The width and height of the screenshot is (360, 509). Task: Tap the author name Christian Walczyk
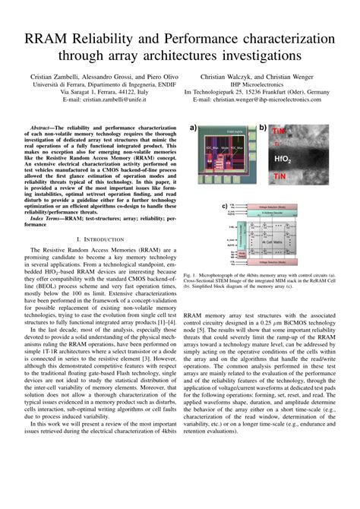[x=231, y=77]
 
